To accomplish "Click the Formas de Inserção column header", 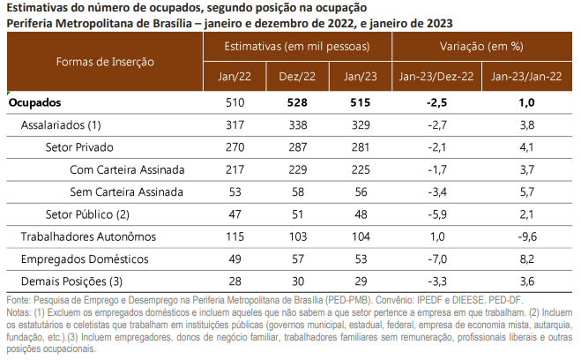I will coord(104,62).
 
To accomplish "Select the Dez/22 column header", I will coord(296,78).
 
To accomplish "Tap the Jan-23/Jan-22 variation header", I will coord(526,78).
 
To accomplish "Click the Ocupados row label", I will coord(34,103).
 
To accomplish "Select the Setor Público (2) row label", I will coord(87,214).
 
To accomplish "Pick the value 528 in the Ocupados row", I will coord(296,103).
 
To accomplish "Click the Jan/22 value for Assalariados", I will coord(235,125).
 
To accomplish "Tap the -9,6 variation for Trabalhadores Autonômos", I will coord(526,236).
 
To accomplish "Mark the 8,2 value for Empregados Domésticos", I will coord(526,258).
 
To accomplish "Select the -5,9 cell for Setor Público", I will coord(438,214).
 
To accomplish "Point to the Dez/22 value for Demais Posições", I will coord(296,280).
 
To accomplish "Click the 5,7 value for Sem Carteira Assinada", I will coord(526,191).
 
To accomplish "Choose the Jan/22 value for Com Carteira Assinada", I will coord(235,169).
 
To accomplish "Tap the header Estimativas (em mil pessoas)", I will coord(296,45).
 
